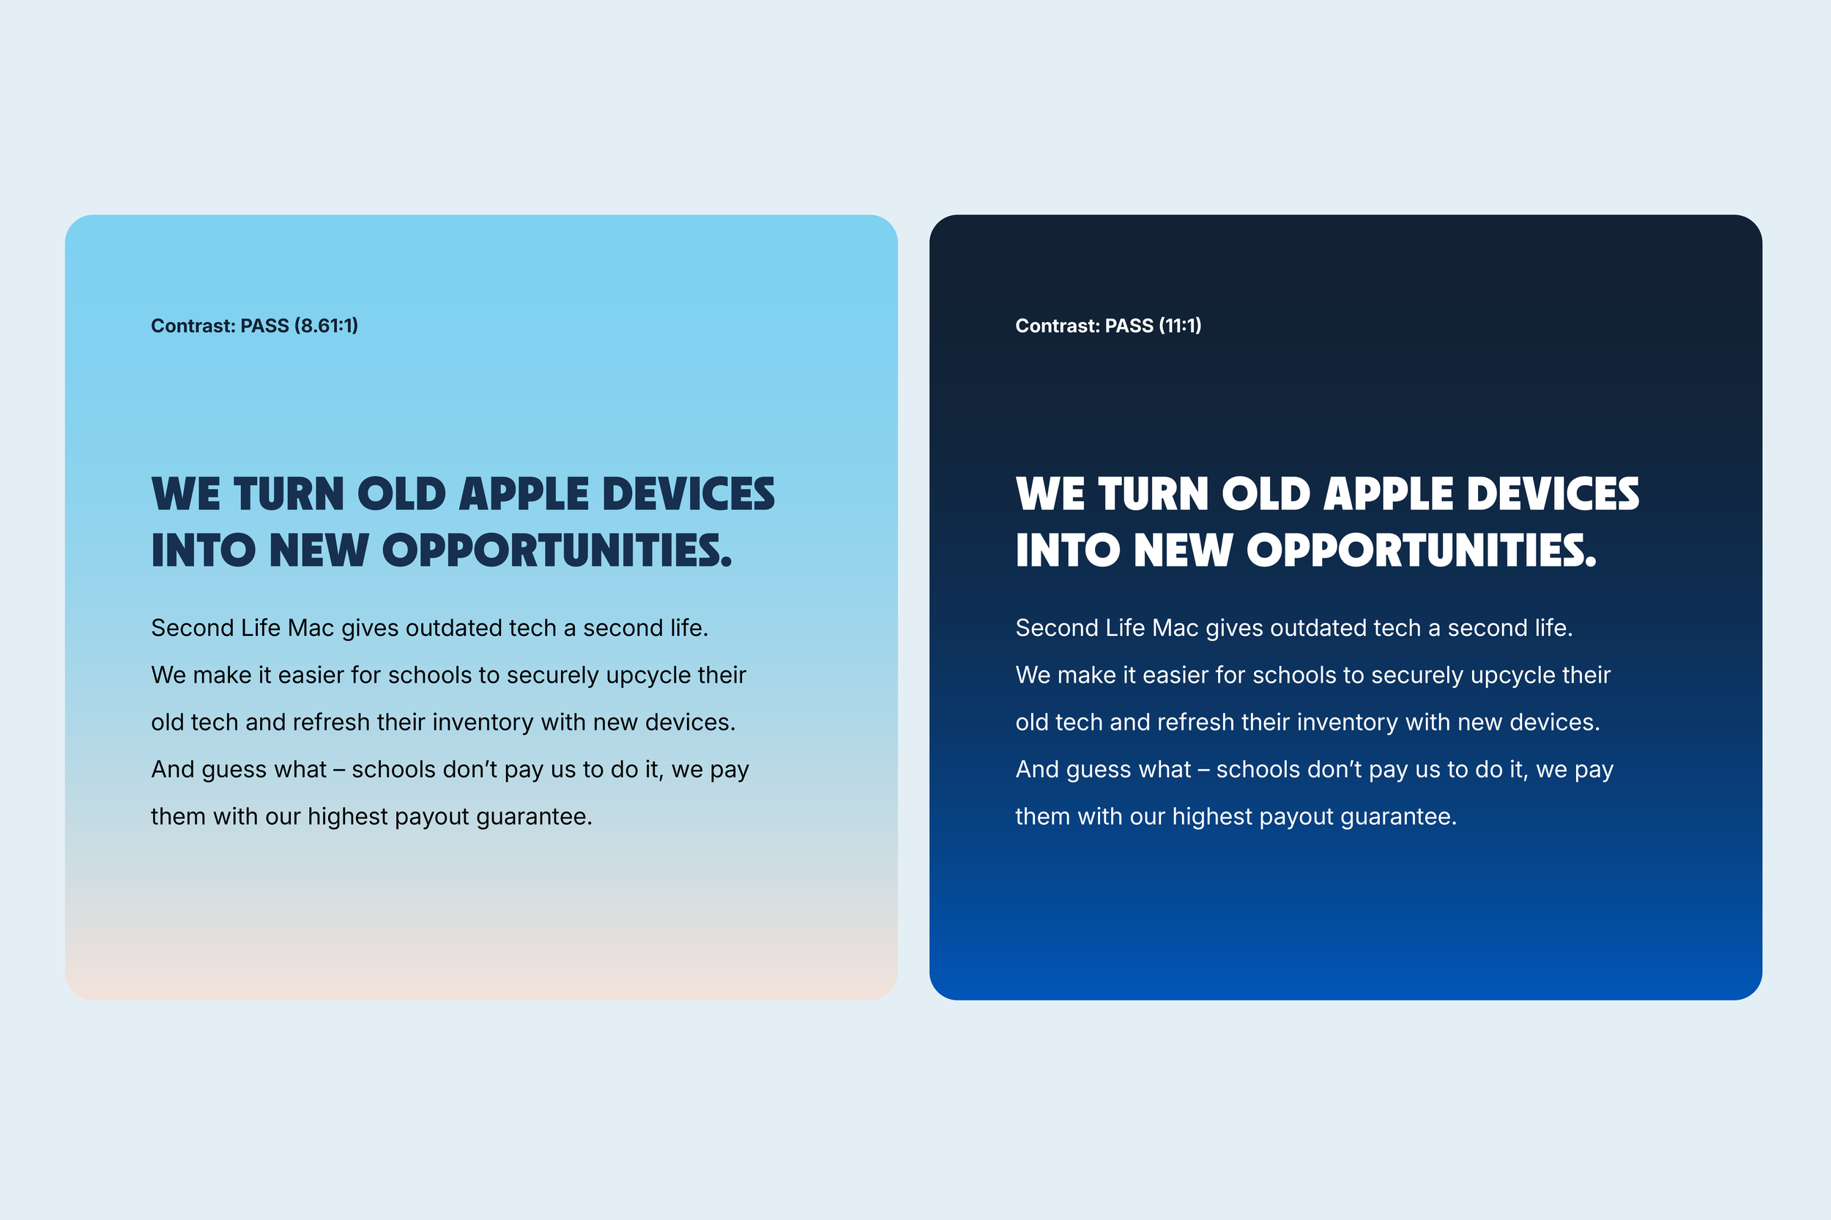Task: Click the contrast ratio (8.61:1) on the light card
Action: (x=326, y=325)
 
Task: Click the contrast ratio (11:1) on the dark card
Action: (x=1179, y=325)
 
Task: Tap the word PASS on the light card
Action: (x=264, y=325)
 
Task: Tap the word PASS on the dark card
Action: (x=1129, y=325)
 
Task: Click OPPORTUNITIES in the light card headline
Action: (x=557, y=551)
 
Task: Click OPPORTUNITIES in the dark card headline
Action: (x=1422, y=551)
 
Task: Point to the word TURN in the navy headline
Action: (x=289, y=495)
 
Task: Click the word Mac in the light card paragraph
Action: (x=311, y=628)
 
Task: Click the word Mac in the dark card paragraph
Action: (x=1175, y=628)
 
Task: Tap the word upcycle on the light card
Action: (x=647, y=676)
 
